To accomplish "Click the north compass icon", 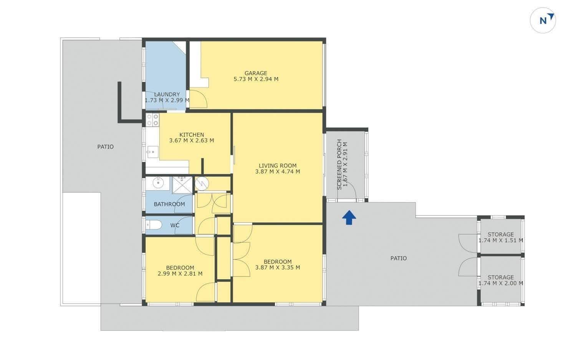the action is tap(543, 20).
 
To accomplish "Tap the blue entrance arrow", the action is tap(349, 217).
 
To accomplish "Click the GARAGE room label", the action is tap(256, 73).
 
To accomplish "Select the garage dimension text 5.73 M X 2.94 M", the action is tap(256, 79).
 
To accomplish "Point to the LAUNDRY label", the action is tap(167, 94).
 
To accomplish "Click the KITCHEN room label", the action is tap(192, 135).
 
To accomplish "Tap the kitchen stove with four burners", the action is tap(152, 120).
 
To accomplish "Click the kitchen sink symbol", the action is tap(152, 152).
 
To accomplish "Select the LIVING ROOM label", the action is tap(278, 166).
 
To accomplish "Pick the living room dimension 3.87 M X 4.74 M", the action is tap(278, 172).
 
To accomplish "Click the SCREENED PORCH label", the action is tap(339, 164).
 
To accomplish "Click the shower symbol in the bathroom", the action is tap(182, 185).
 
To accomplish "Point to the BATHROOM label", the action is tap(169, 204).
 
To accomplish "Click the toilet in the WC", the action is tap(154, 225).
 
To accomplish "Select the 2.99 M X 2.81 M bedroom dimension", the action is tap(180, 274).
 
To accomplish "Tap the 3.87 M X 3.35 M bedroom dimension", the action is tap(278, 268).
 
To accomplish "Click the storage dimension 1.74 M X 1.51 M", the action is tap(501, 241).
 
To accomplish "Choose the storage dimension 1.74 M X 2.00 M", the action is tap(501, 283).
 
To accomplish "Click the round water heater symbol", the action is tap(202, 184).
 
